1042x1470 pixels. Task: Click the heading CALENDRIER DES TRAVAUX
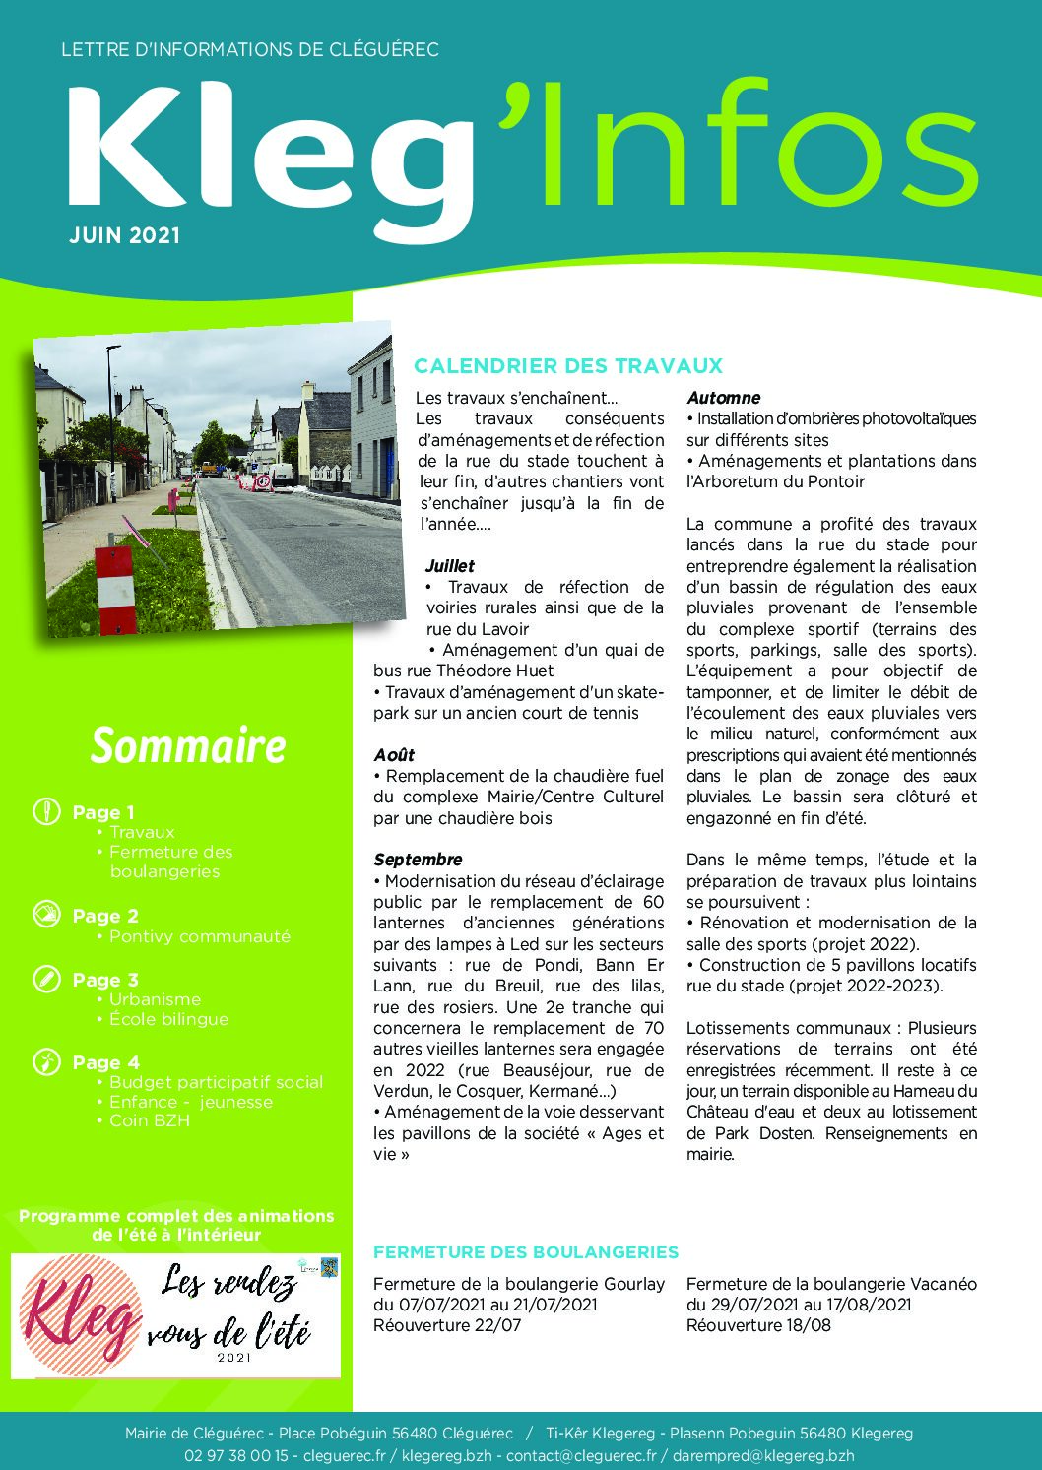coord(568,366)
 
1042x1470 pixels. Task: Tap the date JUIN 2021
coord(125,235)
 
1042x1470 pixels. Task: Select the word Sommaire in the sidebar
coord(188,745)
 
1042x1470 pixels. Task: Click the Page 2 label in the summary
coord(105,916)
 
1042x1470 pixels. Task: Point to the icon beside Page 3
coord(46,979)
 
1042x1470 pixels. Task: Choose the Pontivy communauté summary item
coord(200,936)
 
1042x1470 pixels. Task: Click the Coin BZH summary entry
coord(150,1120)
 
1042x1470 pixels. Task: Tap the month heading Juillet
coord(449,566)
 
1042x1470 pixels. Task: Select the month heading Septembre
coord(418,860)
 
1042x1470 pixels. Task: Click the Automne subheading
coord(723,398)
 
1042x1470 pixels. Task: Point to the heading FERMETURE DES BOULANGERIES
coord(526,1252)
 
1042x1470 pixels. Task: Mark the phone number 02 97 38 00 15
coord(235,1455)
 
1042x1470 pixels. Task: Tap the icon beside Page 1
coord(46,812)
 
